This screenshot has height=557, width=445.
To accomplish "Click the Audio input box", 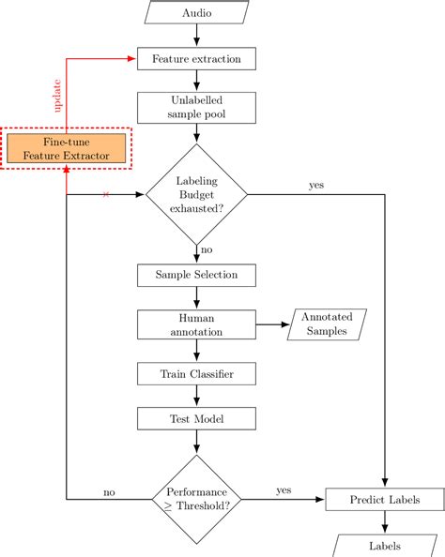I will click(196, 14).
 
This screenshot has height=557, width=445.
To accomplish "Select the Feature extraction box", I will click(196, 59).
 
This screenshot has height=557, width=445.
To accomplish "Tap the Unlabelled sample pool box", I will click(196, 108).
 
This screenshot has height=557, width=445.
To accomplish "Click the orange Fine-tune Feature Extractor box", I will click(66, 147).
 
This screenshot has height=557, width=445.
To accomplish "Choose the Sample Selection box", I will click(196, 275).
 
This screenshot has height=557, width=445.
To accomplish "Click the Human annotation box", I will click(196, 324).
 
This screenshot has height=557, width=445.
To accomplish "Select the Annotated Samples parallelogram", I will click(327, 324).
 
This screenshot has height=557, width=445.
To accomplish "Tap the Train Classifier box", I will click(196, 374).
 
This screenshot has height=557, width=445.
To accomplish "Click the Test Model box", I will click(196, 417).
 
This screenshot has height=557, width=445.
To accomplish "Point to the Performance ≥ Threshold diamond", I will click(196, 499).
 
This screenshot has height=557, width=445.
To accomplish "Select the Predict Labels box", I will click(385, 499).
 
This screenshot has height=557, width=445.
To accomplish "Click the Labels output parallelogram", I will click(385, 546).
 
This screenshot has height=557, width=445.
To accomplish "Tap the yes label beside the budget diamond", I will click(315, 185).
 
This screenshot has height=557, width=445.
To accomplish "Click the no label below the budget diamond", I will click(207, 250).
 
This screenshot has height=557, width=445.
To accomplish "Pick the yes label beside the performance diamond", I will click(283, 489).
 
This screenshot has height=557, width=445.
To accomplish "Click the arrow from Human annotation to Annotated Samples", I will click(272, 324).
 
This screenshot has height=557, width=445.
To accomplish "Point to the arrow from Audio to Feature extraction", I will click(196, 36).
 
